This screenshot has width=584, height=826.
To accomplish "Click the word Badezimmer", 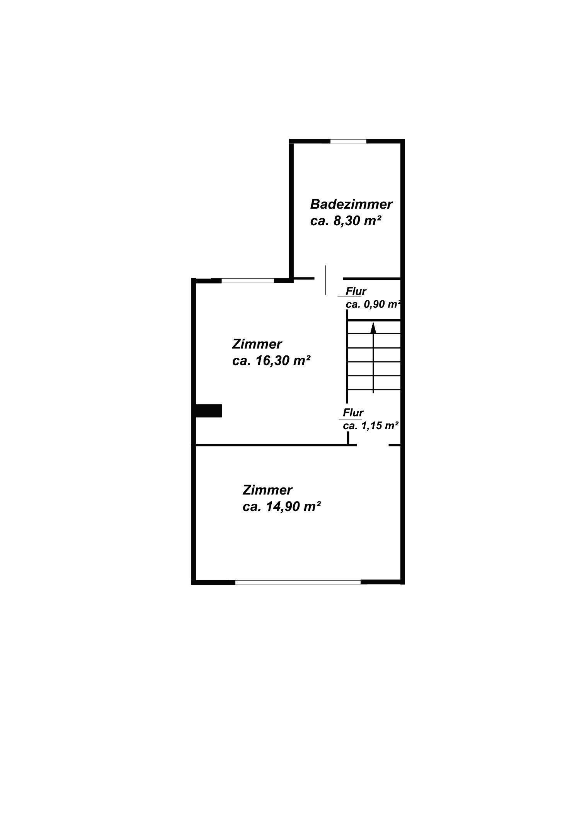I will (x=351, y=204).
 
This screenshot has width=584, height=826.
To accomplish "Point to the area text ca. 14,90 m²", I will (x=282, y=506).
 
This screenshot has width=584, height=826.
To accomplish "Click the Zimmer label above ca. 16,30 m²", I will (x=257, y=344).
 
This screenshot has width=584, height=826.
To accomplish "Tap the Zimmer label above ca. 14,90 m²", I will (x=267, y=490).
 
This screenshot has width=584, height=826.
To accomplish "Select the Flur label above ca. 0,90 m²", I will (x=356, y=291).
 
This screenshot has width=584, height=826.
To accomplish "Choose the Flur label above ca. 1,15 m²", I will (x=353, y=413).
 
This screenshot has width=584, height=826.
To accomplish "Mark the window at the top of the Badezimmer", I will (x=348, y=141).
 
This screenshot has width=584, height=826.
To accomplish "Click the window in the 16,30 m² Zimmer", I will (x=248, y=281).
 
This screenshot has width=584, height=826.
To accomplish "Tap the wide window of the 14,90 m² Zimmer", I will (x=298, y=582).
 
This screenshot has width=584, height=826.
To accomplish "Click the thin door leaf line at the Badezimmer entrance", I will (x=325, y=280).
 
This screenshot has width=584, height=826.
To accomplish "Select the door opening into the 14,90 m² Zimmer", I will (x=372, y=445).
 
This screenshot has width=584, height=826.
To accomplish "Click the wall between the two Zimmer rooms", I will (x=271, y=445).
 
